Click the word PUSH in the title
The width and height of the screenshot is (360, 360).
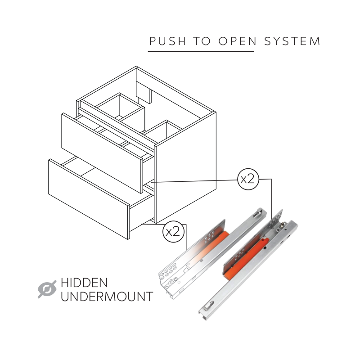(x=167, y=41)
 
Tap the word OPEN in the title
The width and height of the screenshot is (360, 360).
(x=238, y=41)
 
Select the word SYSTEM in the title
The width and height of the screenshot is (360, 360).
(x=292, y=41)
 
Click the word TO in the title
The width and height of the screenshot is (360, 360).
(x=202, y=41)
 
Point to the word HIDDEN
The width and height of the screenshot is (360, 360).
(x=84, y=283)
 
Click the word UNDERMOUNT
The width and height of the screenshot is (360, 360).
(x=107, y=297)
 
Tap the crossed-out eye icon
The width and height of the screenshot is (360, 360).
(x=47, y=289)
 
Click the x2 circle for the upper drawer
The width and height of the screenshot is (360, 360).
(x=248, y=179)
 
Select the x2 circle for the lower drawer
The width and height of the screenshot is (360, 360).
(x=173, y=231)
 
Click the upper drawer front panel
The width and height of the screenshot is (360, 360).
(x=102, y=153)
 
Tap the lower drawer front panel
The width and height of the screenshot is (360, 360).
(x=89, y=199)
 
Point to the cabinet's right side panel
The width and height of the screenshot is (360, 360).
(x=185, y=167)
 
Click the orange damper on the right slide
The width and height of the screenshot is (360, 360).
(x=247, y=259)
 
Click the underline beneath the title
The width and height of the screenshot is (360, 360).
(x=201, y=51)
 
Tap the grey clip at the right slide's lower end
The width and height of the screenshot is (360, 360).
(x=208, y=306)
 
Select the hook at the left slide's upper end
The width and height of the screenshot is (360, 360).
(x=259, y=213)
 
